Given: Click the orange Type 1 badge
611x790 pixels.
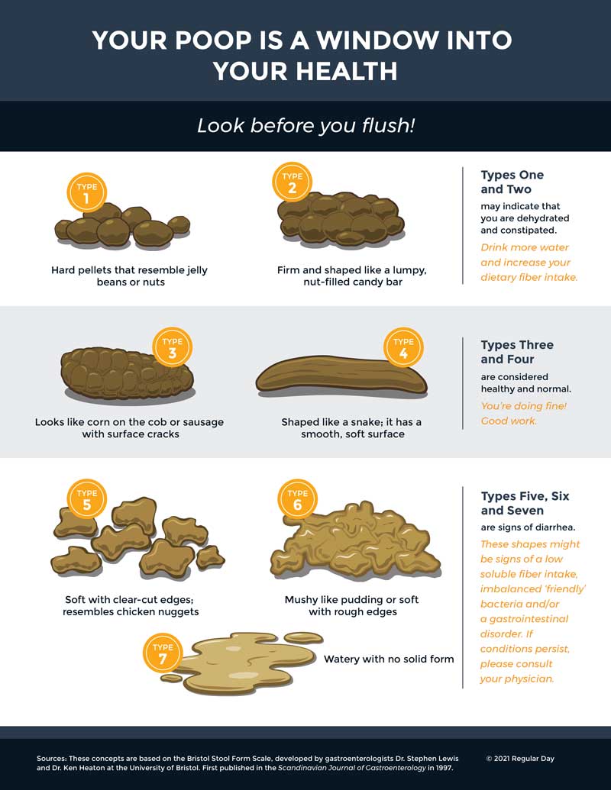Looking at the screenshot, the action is point(87,192).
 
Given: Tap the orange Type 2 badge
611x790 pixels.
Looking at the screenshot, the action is point(293,182).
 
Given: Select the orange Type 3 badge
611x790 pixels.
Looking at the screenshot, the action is point(173,347).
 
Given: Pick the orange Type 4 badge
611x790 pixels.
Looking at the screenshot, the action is point(403,347).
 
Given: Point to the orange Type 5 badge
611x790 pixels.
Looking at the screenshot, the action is point(87,498).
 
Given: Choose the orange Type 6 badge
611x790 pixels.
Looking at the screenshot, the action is point(297,498).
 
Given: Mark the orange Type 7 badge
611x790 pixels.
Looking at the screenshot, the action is point(163,653).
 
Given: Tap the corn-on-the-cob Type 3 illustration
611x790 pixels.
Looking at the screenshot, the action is point(127,375).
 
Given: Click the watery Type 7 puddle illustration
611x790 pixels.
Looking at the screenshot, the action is point(243,663).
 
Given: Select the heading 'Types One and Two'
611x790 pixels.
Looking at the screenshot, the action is point(512,182).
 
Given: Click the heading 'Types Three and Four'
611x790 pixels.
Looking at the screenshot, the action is point(517,352).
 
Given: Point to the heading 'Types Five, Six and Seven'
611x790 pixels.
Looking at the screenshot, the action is point(525,503).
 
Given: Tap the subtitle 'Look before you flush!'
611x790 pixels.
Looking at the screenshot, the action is point(305,125).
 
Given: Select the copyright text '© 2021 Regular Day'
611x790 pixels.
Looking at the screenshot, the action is point(520,758).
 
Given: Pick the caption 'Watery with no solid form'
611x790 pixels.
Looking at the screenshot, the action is point(389,659).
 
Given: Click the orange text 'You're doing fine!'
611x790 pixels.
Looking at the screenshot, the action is point(524,405).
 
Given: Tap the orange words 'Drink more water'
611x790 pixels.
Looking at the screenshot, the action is point(524,247).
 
